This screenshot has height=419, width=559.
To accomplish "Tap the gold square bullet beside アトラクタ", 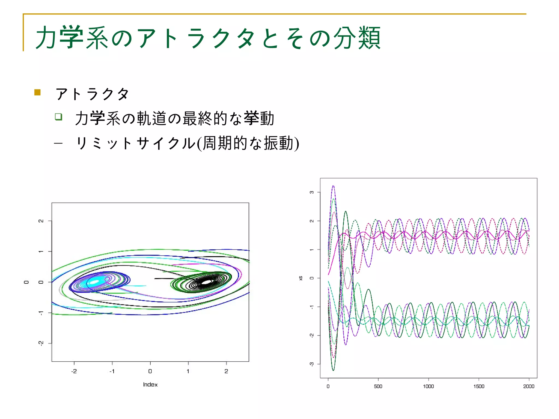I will [x=37, y=92].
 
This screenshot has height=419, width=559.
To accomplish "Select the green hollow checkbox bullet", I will [x=58, y=117].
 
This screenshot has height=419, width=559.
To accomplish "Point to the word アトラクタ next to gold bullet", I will [x=92, y=94].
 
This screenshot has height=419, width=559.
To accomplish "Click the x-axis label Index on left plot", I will [x=150, y=385].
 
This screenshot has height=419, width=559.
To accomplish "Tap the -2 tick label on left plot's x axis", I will [x=74, y=371].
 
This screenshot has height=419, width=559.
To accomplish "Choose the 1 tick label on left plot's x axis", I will [x=188, y=371].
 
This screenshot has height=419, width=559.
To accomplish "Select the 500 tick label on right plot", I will [x=378, y=386].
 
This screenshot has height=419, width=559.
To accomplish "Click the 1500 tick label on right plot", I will [x=479, y=386].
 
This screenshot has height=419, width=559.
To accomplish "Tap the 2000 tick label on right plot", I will [x=529, y=386].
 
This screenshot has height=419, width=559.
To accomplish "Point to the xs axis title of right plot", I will [x=301, y=278].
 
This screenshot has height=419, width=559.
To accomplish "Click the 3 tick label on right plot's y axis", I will [x=312, y=192].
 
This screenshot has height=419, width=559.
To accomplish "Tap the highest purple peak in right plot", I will [x=333, y=186].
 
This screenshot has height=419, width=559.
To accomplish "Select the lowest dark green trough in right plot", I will [x=333, y=370].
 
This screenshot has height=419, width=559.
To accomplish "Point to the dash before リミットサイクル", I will [x=58, y=143].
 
